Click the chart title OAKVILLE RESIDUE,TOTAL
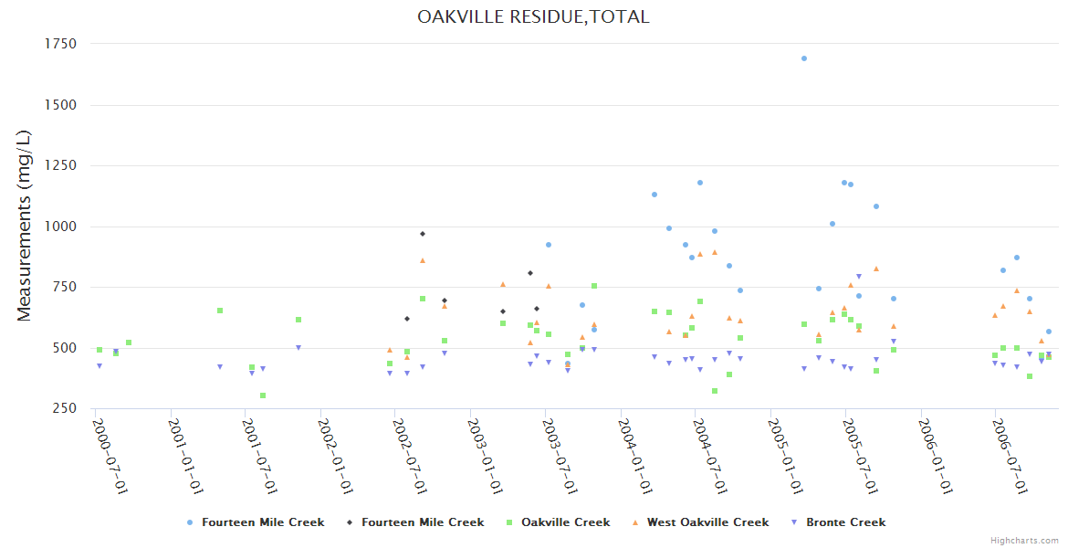533,16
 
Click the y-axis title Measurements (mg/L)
25,225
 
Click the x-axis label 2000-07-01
110,457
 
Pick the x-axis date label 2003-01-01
486,457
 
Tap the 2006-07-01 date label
1010,457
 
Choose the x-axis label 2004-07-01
710,457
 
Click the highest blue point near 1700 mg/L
804,58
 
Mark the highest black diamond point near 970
423,234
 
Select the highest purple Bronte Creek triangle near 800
859,277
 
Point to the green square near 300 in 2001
263,395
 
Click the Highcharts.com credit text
1025,541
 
